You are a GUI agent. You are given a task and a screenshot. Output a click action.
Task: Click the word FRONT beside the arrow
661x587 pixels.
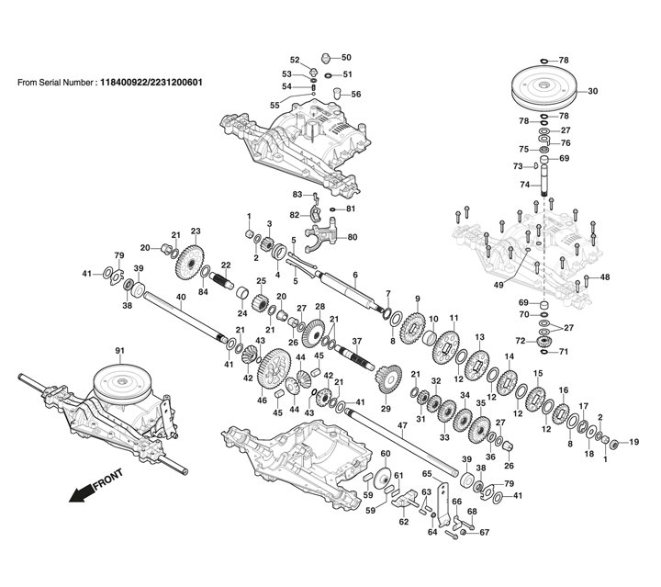point(108,479)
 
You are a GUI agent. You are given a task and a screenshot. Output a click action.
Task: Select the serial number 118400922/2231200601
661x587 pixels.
point(151,82)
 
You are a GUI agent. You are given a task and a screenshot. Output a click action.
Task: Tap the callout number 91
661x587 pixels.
point(119,351)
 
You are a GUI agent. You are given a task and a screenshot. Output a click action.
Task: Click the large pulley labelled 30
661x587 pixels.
point(543,91)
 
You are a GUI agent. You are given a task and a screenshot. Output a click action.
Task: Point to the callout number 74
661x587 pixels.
point(524,185)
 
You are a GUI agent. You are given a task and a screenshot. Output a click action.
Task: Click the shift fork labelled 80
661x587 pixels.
point(320,235)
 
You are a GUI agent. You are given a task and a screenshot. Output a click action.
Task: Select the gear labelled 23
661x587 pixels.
point(189,263)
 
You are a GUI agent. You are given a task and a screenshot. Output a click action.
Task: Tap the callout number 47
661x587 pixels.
point(402,426)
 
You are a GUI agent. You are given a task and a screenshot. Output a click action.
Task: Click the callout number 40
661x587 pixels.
point(181,297)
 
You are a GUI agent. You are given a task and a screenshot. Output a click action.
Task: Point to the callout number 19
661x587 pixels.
point(634,442)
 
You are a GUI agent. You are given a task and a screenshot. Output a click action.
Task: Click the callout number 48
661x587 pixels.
point(604,277)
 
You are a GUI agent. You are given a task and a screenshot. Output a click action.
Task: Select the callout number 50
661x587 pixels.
point(346,57)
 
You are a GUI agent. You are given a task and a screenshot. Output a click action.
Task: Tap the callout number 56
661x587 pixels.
point(356,94)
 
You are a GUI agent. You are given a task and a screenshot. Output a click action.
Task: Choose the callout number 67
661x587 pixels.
point(485,532)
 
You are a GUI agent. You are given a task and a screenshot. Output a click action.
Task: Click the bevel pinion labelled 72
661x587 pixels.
point(544,341)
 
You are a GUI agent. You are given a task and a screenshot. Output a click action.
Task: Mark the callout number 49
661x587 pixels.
point(499,285)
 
